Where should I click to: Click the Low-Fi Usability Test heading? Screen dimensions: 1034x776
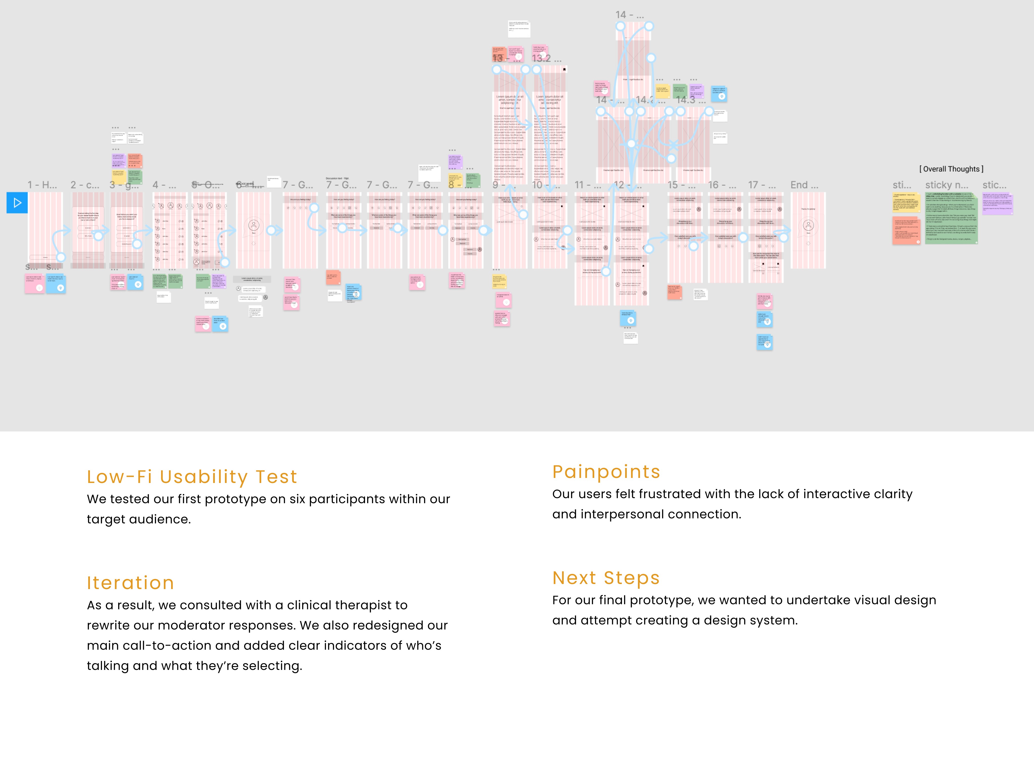click(x=192, y=477)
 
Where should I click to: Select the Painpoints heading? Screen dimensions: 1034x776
click(x=606, y=472)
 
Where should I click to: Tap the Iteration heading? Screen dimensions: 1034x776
click(x=131, y=583)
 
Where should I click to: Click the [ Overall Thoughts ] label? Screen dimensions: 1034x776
click(x=951, y=169)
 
